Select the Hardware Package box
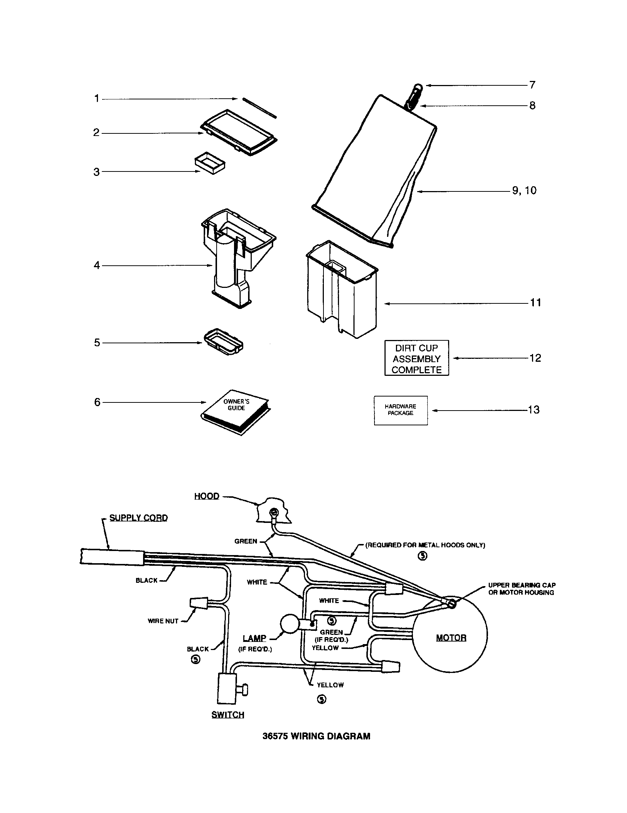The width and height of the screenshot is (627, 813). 401,410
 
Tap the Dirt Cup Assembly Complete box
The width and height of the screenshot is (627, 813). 416,358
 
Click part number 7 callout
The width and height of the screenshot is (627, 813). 532,85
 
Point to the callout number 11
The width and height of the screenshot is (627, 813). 535,303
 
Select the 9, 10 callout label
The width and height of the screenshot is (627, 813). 524,191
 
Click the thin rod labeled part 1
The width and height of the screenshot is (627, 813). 259,108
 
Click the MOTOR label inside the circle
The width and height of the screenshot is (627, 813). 451,638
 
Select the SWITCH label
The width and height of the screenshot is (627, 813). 227,715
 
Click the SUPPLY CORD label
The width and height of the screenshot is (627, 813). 139,518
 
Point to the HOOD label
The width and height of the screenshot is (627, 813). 207,496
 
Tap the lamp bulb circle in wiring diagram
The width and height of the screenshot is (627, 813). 290,624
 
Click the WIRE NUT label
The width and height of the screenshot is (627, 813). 163,621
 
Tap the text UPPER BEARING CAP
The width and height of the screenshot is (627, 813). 522,585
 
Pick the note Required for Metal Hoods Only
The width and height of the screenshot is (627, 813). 425,545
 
